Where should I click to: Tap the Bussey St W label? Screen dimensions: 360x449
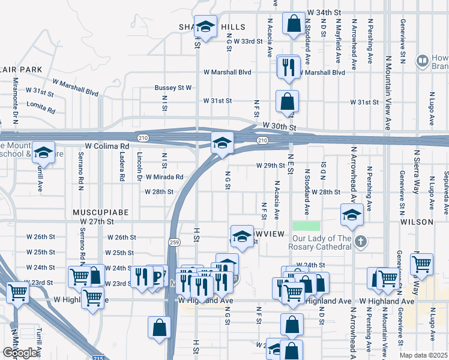173,88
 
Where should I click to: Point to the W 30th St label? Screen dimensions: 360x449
280,127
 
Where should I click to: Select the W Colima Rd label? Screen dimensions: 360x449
107,146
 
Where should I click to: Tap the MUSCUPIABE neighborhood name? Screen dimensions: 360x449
93,212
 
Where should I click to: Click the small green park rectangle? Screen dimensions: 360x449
307,226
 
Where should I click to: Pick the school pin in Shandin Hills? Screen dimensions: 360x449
206,26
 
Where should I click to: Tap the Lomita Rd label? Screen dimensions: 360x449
41,111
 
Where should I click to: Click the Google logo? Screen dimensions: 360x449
20,353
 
